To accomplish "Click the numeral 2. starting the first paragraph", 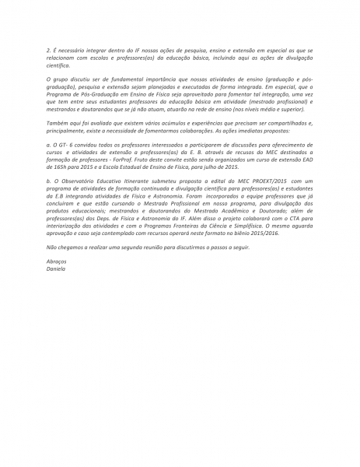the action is pyautogui.click(x=48, y=49).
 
